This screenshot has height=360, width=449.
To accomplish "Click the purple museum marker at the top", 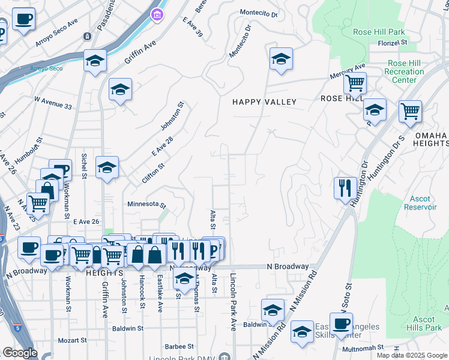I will pyautogui.click(x=157, y=14).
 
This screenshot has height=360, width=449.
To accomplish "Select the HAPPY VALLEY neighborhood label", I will pyautogui.click(x=265, y=102).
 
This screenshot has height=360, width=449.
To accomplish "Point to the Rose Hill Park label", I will pyautogui.click(x=379, y=32).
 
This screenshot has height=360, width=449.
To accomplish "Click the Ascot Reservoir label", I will pyautogui.click(x=423, y=203).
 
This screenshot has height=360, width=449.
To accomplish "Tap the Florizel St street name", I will pyautogui.click(x=393, y=43).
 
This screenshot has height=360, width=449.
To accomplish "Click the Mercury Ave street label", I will pyautogui.click(x=348, y=71).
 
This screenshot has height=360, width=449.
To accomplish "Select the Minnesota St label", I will pyautogui.click(x=146, y=205).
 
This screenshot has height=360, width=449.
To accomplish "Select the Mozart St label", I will pyautogui.click(x=72, y=340).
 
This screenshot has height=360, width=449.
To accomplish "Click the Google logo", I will pyautogui.click(x=19, y=353).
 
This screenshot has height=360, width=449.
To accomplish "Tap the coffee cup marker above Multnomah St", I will pyautogui.click(x=341, y=324).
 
